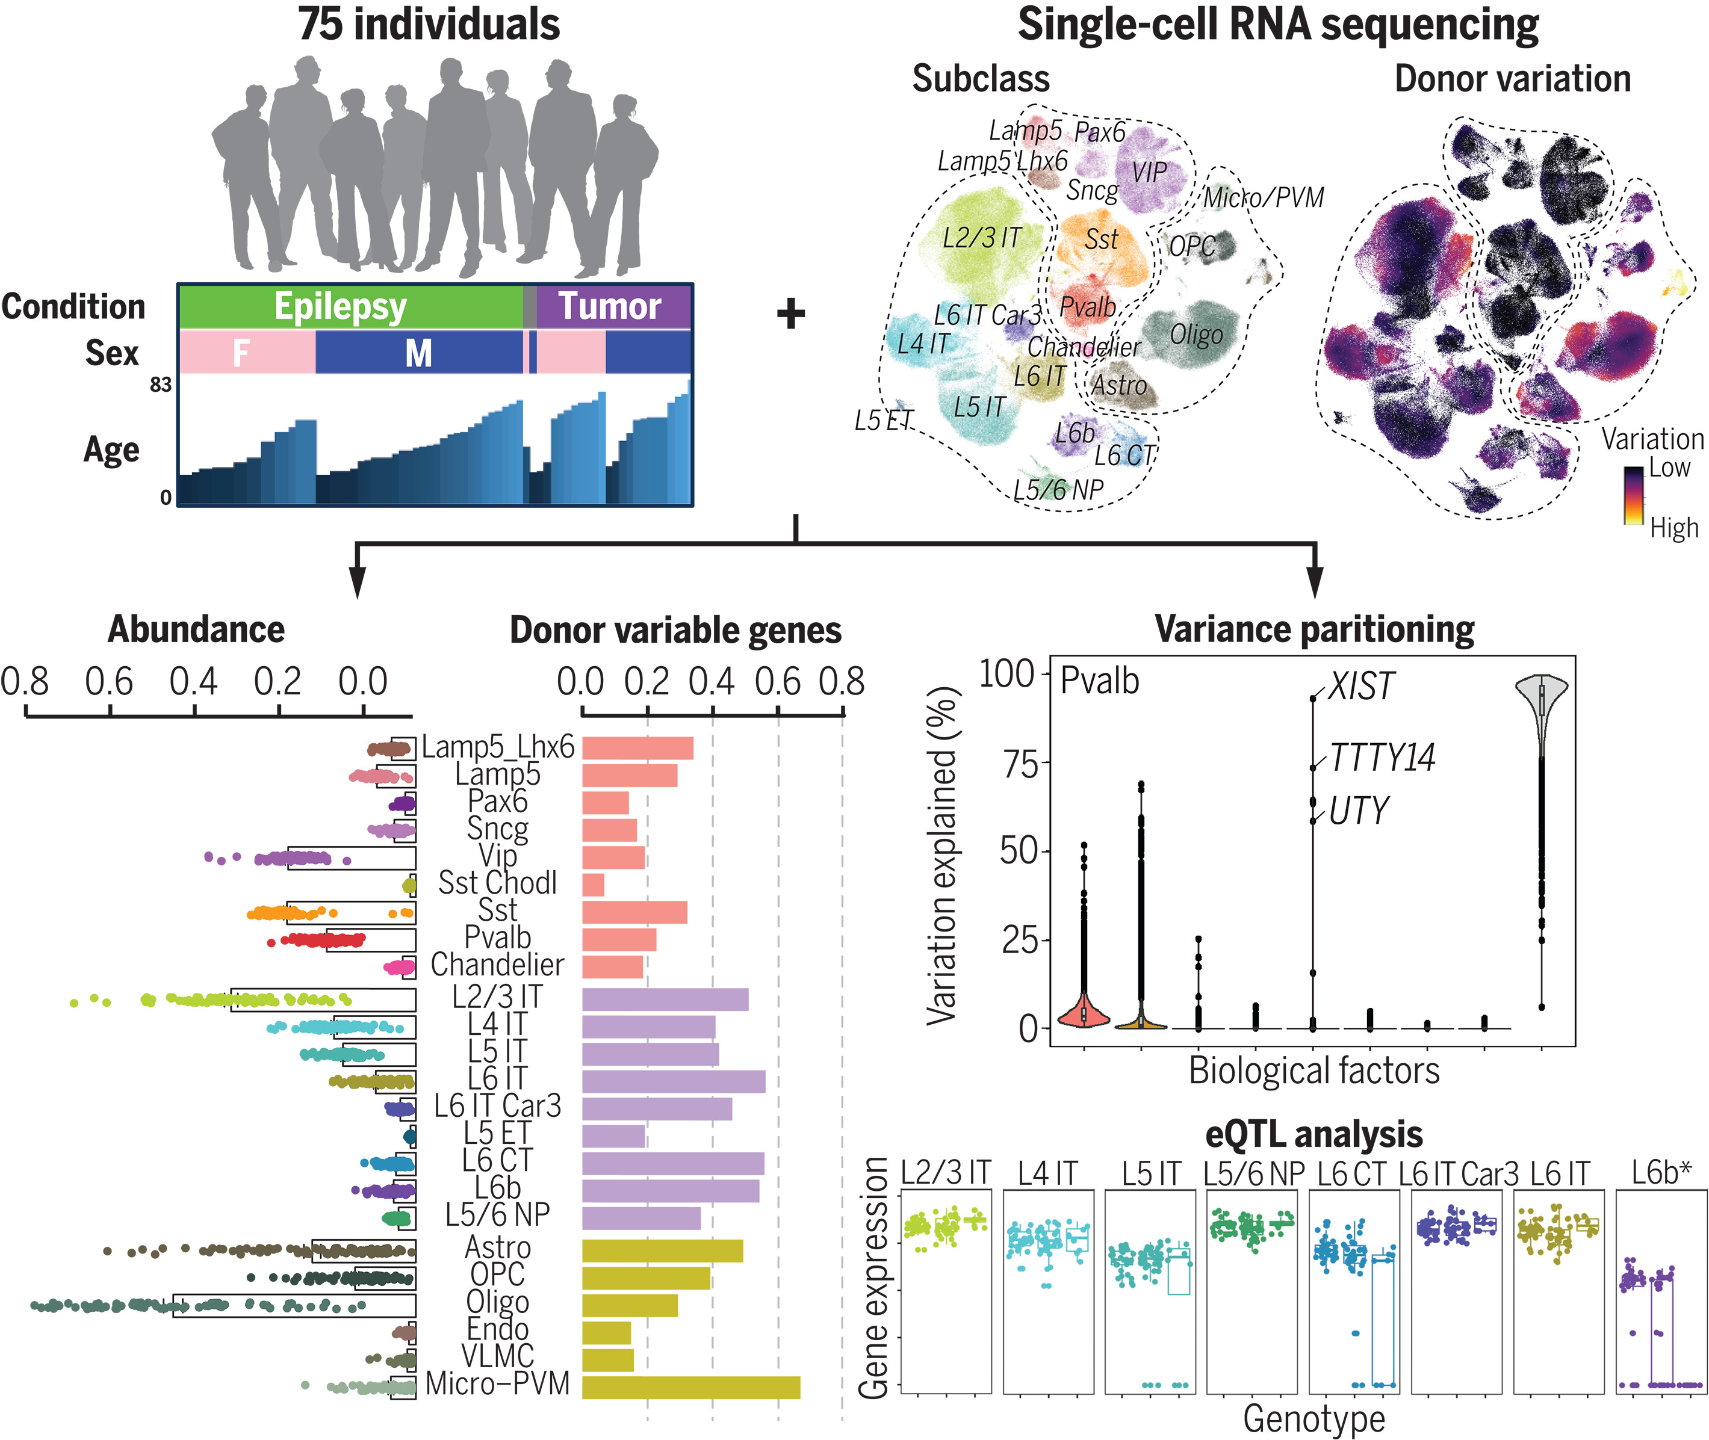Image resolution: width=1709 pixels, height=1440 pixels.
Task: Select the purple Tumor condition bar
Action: (x=612, y=307)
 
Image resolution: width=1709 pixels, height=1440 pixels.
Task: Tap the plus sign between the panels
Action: (x=790, y=314)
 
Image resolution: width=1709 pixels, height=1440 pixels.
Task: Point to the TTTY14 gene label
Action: (x=1382, y=758)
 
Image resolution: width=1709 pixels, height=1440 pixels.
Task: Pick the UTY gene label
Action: (x=1359, y=811)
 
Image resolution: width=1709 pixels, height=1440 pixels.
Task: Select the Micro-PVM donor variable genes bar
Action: (x=691, y=1387)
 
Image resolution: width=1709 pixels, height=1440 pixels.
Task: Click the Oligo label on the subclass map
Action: (x=1196, y=335)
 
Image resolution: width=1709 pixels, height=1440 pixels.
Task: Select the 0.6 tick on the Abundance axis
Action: (x=110, y=682)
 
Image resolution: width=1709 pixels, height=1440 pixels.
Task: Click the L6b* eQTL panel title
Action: (x=1661, y=1173)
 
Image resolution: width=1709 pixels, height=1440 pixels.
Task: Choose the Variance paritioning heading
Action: (x=1314, y=630)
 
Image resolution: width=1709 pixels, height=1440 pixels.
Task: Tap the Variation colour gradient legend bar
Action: (x=1633, y=495)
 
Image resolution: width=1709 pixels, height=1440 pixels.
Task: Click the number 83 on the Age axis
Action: (x=161, y=385)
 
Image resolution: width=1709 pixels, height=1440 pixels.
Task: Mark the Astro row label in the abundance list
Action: (x=497, y=1247)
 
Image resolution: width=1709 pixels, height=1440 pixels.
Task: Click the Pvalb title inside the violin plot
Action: (x=1099, y=681)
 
